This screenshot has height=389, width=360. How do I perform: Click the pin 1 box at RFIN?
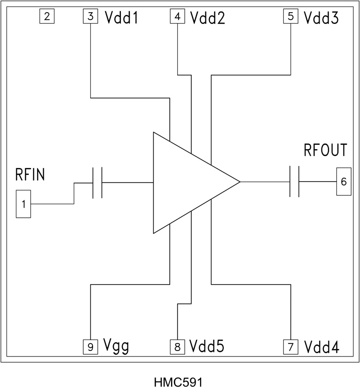pos(23,204)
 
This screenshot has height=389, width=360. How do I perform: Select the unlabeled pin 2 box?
pos(47,17)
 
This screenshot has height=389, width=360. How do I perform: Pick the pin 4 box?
pos(177,17)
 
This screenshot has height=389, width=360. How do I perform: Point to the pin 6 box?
pos(344,182)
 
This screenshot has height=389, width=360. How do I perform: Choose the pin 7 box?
pos(290,347)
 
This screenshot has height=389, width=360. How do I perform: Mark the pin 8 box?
pos(177,347)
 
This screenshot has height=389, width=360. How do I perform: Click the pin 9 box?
pos(90,347)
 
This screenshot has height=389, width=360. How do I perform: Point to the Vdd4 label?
pos(321,348)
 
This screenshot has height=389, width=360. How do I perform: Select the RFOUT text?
pos(325,151)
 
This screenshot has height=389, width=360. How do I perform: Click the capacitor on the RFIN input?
pos(97,182)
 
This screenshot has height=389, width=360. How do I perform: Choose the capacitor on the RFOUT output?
pos(295,182)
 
